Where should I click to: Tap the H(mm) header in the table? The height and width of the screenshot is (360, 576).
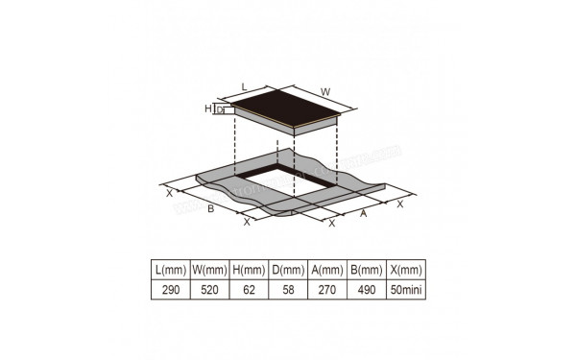pyautogui.click(x=249, y=269)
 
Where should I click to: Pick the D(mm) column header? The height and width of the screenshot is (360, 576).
pyautogui.click(x=286, y=269)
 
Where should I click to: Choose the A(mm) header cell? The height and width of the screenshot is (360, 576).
pyautogui.click(x=324, y=269)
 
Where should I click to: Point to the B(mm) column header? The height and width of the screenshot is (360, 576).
pyautogui.click(x=363, y=269)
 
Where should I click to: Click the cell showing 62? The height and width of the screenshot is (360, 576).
pyautogui.click(x=249, y=289)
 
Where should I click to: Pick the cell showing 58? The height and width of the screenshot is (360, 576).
pyautogui.click(x=286, y=289)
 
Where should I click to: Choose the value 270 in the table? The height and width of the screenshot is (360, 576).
pyautogui.click(x=324, y=289)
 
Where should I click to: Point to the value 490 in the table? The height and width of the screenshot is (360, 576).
pyautogui.click(x=363, y=289)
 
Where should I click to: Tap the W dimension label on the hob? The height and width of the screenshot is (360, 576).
pyautogui.click(x=325, y=92)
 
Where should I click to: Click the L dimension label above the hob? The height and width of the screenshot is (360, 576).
pyautogui.click(x=245, y=84)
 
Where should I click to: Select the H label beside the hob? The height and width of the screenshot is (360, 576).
pyautogui.click(x=207, y=109)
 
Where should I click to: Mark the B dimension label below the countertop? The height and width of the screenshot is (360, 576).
pyautogui.click(x=210, y=208)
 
